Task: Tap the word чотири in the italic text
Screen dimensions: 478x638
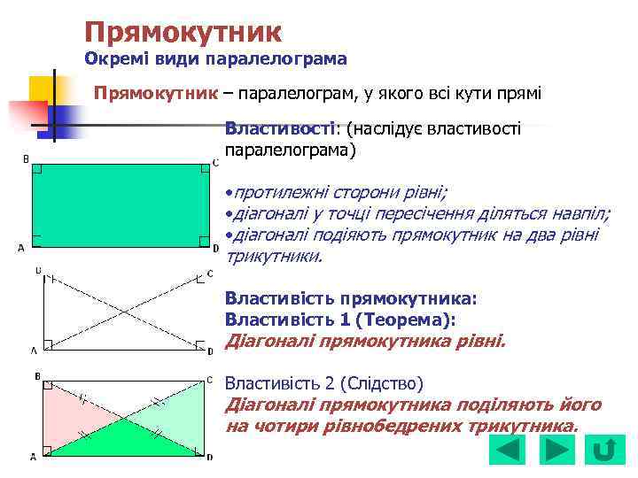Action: [284, 426]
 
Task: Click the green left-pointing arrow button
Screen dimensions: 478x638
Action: [507, 450]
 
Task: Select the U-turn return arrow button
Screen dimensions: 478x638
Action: [604, 450]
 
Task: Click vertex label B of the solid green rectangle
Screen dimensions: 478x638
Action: [26, 159]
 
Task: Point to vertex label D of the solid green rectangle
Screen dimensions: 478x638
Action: [215, 248]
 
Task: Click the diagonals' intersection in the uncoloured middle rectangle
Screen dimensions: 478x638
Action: [124, 312]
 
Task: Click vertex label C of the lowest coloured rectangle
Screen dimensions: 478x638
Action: [209, 379]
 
